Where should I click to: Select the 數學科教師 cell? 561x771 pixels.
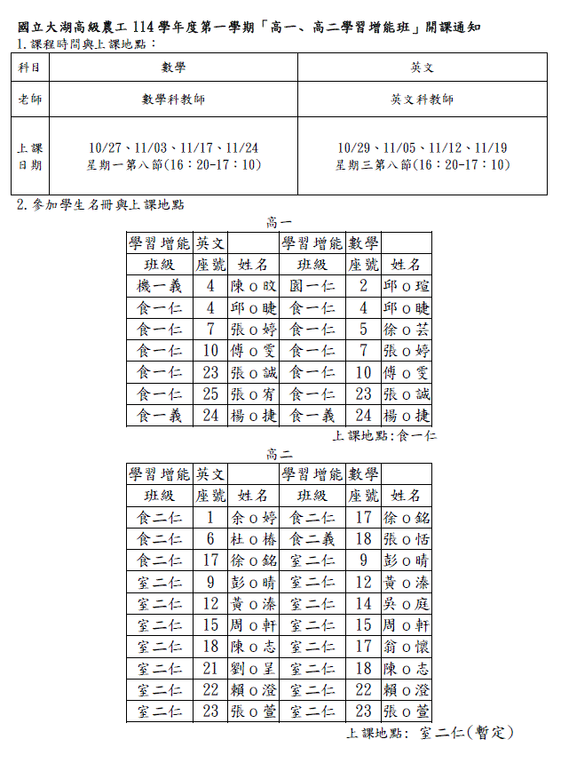[173, 99]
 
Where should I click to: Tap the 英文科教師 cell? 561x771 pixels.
[423, 99]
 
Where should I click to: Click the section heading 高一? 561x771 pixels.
[280, 221]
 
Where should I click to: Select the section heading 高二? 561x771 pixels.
[280, 454]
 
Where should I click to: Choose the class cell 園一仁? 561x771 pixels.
[312, 286]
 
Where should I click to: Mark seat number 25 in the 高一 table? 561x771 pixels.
[210, 393]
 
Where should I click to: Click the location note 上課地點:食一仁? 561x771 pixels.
[384, 436]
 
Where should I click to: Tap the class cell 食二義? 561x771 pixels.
[312, 539]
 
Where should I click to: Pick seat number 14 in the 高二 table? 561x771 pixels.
[363, 603]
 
